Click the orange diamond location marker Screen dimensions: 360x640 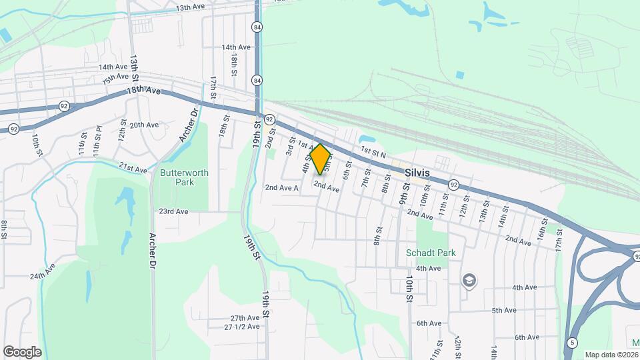pos(321,159)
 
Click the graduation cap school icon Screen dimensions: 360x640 pos(469,281)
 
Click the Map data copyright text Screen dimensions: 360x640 pos(611,354)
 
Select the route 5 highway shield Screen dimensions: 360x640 pos(573,343)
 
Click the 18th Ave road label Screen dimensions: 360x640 pos(143,90)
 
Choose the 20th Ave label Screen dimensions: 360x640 pos(144,125)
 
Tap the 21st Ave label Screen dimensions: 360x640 pos(133,169)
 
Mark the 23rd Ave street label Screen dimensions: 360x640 pos(173,211)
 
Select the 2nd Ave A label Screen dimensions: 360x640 pos(281,188)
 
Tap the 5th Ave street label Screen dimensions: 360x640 pos(505,310)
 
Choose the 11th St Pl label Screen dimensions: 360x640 pos(97,144)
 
